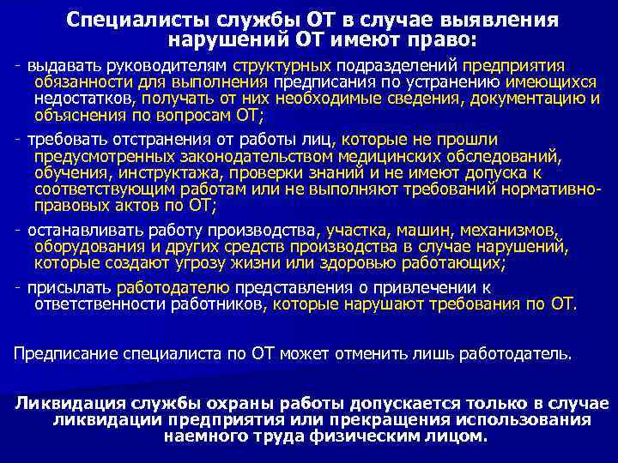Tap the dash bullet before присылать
[x=18, y=286]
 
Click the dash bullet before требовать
[x=18, y=140]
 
